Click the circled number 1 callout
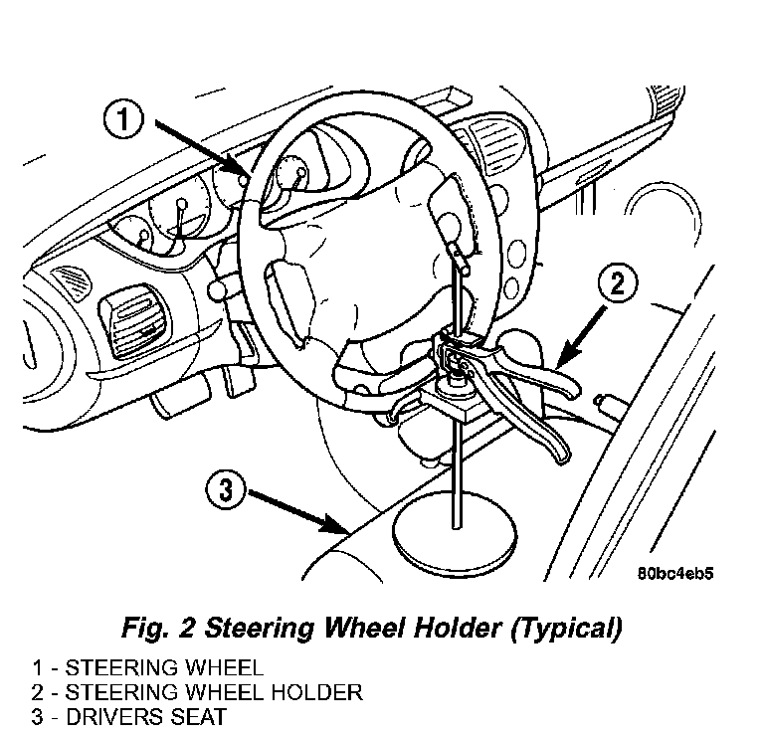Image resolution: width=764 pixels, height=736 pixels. pos(123,119)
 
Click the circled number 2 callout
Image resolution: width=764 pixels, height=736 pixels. pos(618,283)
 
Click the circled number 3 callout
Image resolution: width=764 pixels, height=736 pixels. pos(225,489)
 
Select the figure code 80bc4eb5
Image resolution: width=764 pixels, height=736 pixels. pos(675,573)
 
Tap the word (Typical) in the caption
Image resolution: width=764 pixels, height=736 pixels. pos(567,629)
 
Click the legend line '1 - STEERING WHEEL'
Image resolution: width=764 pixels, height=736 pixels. pos(147,667)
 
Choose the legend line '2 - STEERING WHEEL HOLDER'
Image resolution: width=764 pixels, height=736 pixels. pos(197,692)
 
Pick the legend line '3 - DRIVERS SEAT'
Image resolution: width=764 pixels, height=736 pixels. pos(129,716)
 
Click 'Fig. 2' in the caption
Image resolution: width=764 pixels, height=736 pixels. pos(158,629)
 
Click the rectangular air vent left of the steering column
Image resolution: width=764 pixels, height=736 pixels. pos(134,320)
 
